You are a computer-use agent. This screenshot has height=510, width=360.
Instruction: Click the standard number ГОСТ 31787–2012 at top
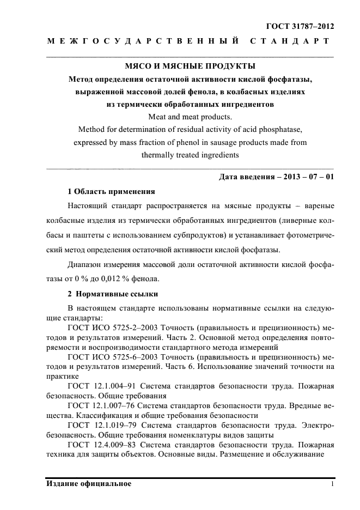300,26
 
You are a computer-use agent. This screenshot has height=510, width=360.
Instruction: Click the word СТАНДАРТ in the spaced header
289,41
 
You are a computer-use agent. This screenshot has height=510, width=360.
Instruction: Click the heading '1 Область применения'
111,192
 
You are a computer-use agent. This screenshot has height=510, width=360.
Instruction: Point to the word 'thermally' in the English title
158,155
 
